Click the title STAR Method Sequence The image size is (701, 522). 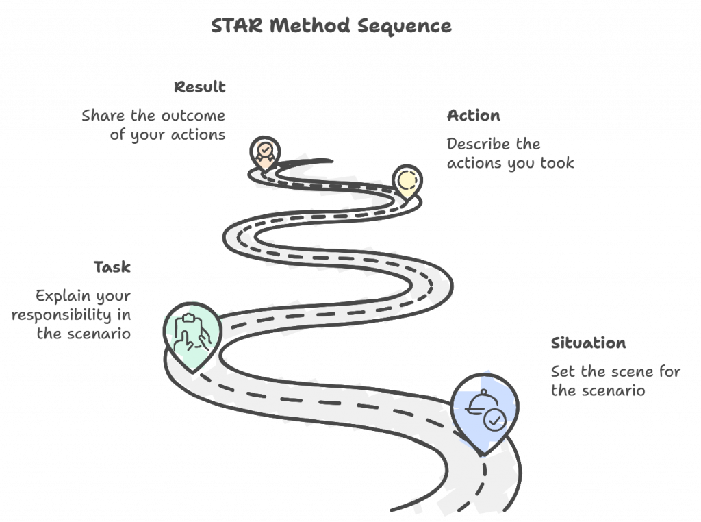tap(331, 26)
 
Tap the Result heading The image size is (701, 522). tap(200, 87)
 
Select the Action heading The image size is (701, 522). tap(473, 115)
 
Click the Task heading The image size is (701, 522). tap(112, 267)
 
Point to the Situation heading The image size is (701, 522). tap(588, 343)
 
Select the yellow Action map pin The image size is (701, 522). tap(407, 181)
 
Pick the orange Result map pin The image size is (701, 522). tap(264, 152)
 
